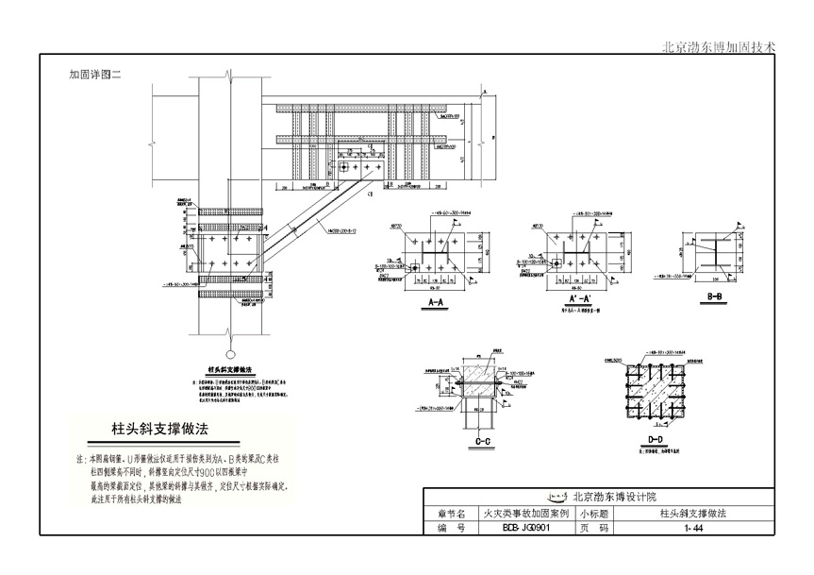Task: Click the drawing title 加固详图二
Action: pyautogui.click(x=96, y=73)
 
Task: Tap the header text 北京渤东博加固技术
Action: pyautogui.click(x=720, y=44)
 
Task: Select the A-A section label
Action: pyautogui.click(x=437, y=303)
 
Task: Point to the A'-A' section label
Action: pyautogui.click(x=579, y=303)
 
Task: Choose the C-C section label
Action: pyautogui.click(x=482, y=441)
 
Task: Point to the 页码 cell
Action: pyautogui.click(x=593, y=529)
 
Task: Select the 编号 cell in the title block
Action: pyautogui.click(x=452, y=529)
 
